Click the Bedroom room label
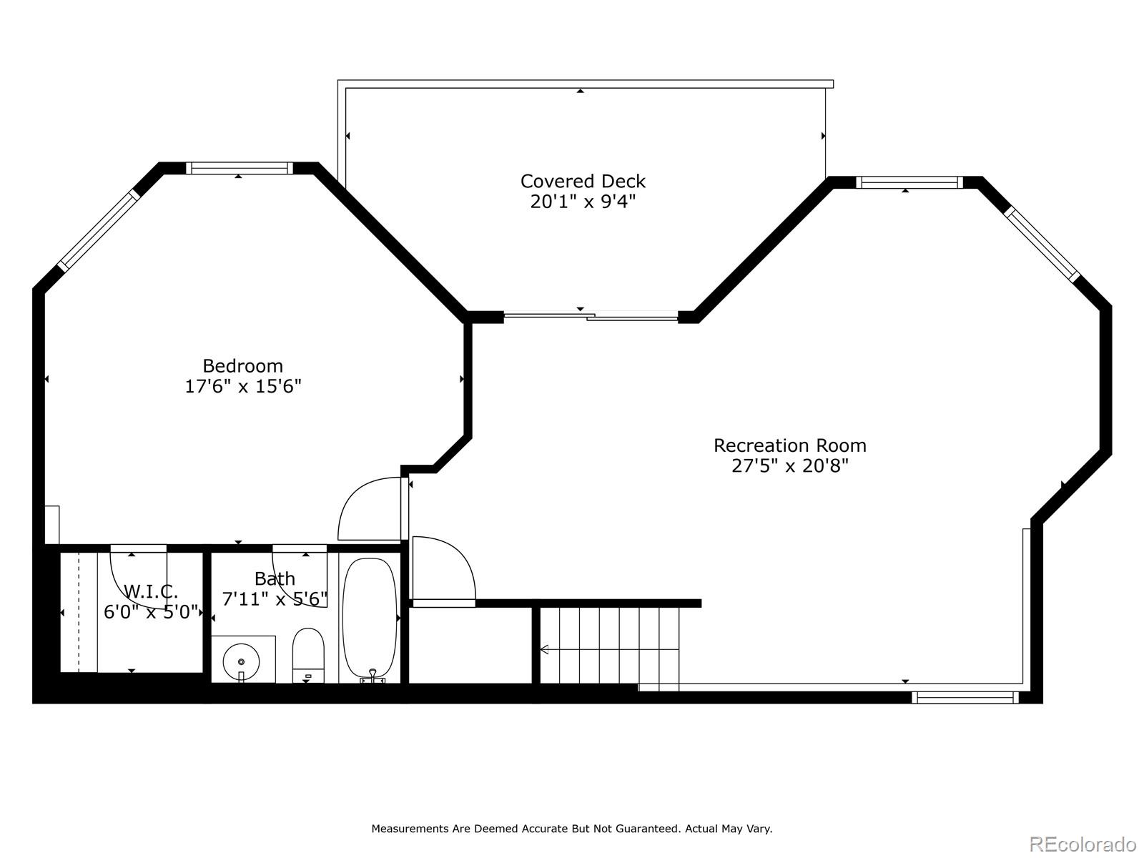click(242, 366)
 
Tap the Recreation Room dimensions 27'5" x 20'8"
click(789, 466)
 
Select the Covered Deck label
click(583, 181)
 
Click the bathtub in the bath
click(369, 618)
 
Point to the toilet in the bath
click(308, 653)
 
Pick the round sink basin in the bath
click(241, 660)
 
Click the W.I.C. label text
click(151, 591)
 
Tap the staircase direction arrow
click(544, 649)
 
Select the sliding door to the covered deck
click(591, 315)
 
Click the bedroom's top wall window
click(240, 169)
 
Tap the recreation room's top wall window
click(909, 182)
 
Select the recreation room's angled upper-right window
click(1041, 243)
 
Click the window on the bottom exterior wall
click(965, 696)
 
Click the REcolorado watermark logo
click(1083, 844)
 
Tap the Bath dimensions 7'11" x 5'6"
click(275, 598)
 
